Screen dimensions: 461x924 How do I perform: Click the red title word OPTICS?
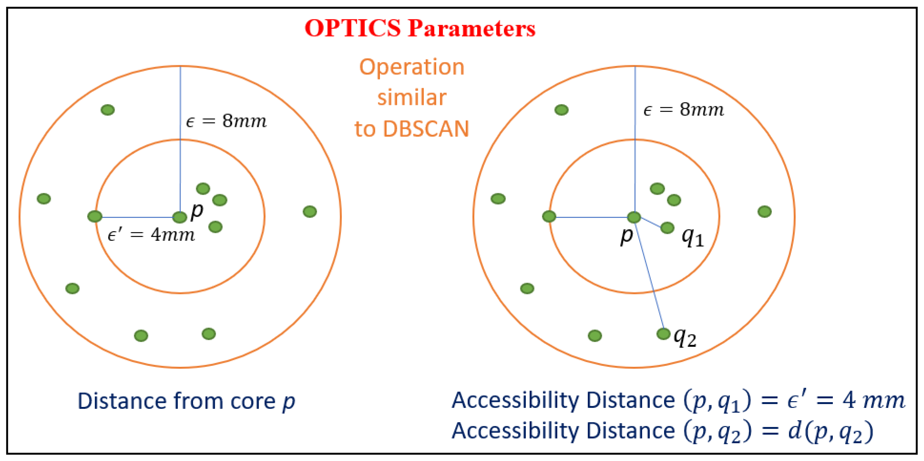click(352, 28)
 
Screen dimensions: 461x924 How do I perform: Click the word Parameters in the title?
click(472, 28)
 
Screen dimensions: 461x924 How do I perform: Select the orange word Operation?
click(412, 67)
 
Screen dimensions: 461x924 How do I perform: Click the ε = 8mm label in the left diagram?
click(226, 121)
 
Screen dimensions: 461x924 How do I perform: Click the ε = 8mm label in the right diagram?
click(684, 109)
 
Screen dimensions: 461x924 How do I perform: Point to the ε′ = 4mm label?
click(151, 235)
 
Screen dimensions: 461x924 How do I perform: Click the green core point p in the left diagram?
click(180, 217)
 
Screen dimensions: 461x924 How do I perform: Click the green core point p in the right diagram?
click(634, 217)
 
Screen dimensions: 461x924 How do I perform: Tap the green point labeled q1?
click(667, 227)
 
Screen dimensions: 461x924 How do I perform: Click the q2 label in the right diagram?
click(685, 338)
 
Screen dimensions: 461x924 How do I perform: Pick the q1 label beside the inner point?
click(693, 237)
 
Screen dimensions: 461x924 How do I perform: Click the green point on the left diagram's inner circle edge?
click(95, 216)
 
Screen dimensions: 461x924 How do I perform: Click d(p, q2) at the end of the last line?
click(830, 431)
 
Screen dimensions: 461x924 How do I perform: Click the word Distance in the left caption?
click(122, 401)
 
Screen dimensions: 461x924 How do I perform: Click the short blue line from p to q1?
click(650, 222)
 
